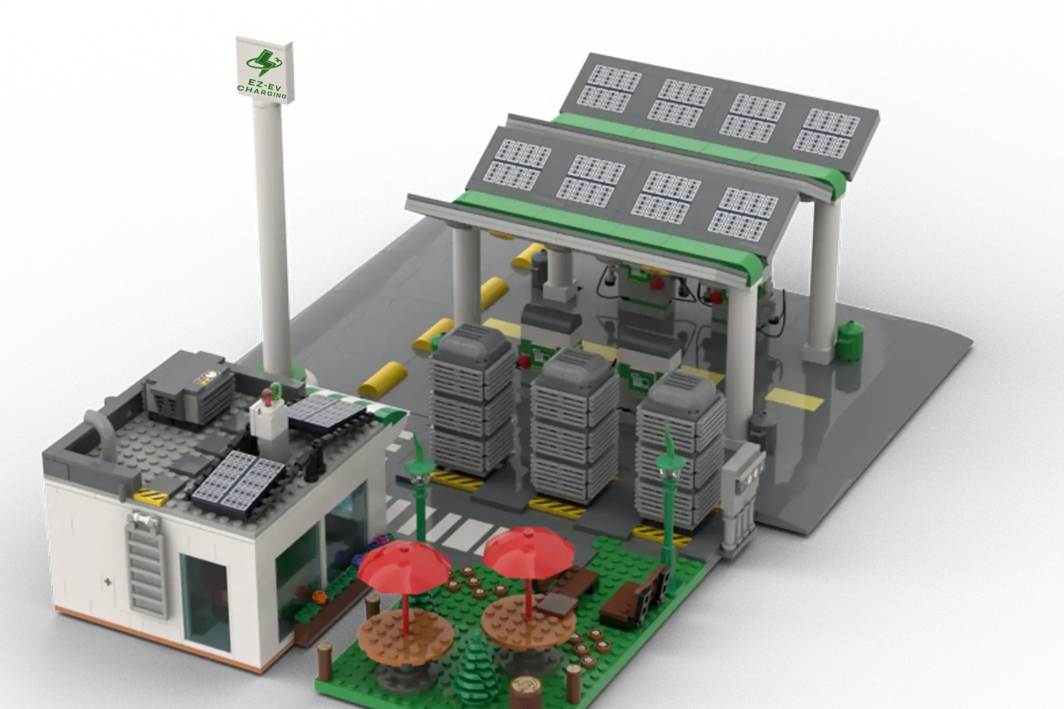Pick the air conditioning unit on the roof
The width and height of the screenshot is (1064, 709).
coord(187,394)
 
